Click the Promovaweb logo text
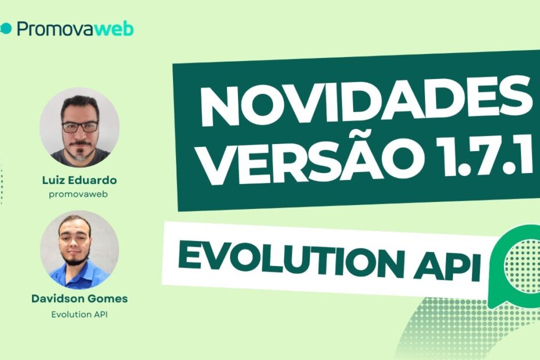tap(75, 29)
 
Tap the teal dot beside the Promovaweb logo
tap(6, 29)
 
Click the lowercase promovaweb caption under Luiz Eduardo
tap(79, 195)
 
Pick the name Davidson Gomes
tap(79, 299)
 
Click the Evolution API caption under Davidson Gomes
tap(79, 315)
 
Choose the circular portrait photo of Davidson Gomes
tap(80, 250)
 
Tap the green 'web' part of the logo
tap(114, 29)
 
